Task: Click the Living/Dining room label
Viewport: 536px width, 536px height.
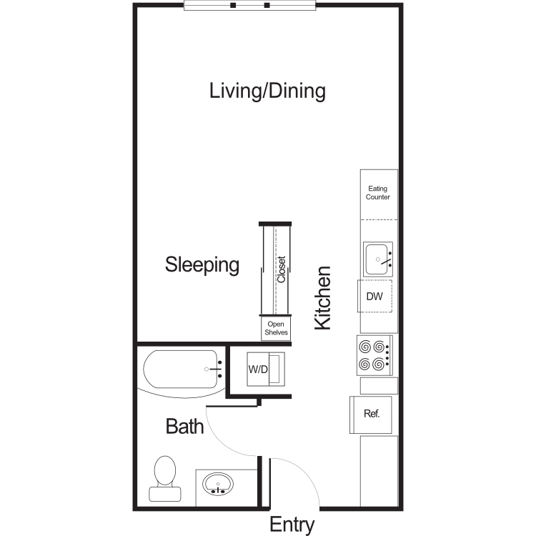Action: pyautogui.click(x=267, y=91)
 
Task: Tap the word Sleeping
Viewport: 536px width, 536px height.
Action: pyautogui.click(x=202, y=265)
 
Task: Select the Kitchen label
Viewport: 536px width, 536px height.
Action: pyautogui.click(x=323, y=298)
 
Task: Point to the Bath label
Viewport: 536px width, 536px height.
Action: pyautogui.click(x=184, y=426)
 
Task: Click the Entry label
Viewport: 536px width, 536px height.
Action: pyautogui.click(x=292, y=525)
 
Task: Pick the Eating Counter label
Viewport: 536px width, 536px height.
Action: pyautogui.click(x=378, y=193)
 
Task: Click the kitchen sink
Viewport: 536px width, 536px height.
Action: pyautogui.click(x=378, y=259)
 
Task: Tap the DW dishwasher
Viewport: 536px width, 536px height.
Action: pyautogui.click(x=374, y=296)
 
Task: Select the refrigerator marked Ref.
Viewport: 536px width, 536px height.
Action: pyautogui.click(x=370, y=415)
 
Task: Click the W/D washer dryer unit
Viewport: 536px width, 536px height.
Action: pyautogui.click(x=266, y=369)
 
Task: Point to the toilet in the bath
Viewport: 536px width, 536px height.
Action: pyautogui.click(x=165, y=479)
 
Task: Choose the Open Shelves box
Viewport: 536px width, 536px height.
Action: pyautogui.click(x=276, y=328)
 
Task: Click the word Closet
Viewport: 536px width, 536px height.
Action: pyautogui.click(x=282, y=269)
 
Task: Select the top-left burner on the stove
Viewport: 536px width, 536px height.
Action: pyautogui.click(x=364, y=347)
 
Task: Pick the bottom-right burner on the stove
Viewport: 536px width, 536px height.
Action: pyautogui.click(x=378, y=364)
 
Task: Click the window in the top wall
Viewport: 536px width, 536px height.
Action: pyautogui.click(x=250, y=6)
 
